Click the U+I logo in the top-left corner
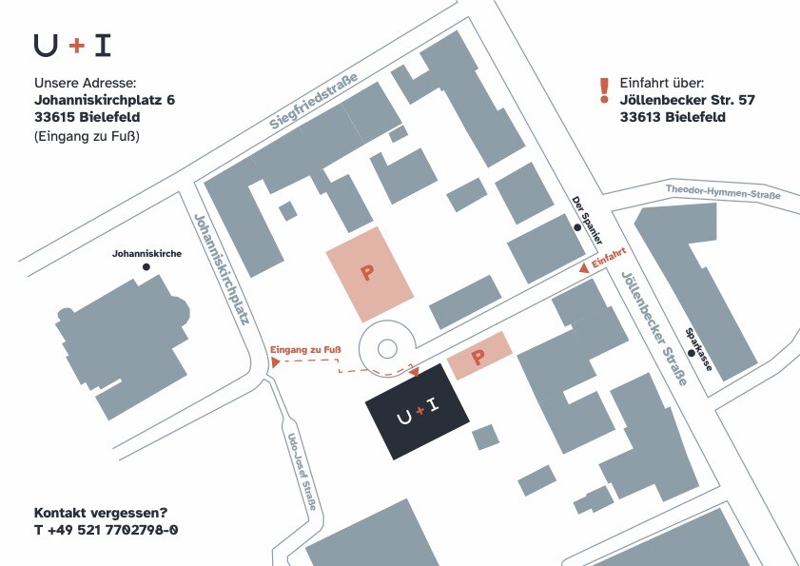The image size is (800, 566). [71, 45]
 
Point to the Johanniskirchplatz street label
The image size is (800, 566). [221, 268]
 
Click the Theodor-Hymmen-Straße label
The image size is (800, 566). [723, 192]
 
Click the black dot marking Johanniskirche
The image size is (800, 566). [146, 267]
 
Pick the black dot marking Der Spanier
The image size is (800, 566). [576, 228]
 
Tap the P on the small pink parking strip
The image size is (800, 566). [479, 358]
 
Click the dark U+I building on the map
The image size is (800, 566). [418, 412]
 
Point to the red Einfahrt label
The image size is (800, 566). [609, 260]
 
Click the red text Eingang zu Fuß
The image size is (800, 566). [305, 351]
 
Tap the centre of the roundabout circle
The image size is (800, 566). [386, 349]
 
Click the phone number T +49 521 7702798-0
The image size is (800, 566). [106, 529]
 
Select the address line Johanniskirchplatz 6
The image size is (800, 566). [105, 99]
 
